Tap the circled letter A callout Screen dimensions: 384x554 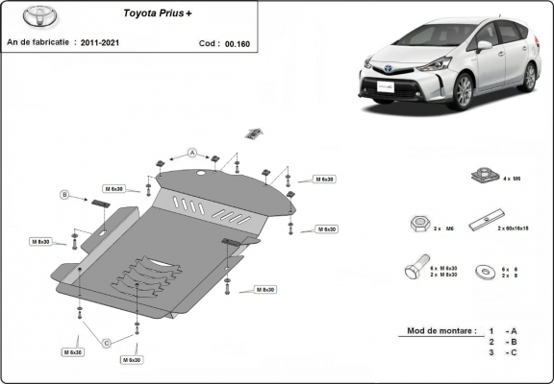click(x=191, y=153)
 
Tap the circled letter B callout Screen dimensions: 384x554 click(x=65, y=195)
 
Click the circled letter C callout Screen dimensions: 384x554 click(x=107, y=343)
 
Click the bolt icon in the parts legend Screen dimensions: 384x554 click(x=414, y=270)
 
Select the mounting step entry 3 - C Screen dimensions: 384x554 click(x=503, y=353)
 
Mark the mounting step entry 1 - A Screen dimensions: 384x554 click(x=503, y=330)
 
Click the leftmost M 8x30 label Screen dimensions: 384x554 click(x=39, y=241)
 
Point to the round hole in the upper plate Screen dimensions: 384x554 click(x=200, y=173)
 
